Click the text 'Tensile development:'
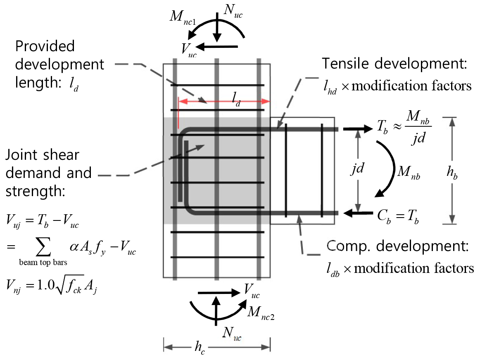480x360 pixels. (x=394, y=64)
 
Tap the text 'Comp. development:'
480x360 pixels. (x=397, y=247)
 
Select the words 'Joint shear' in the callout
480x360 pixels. (x=43, y=155)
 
